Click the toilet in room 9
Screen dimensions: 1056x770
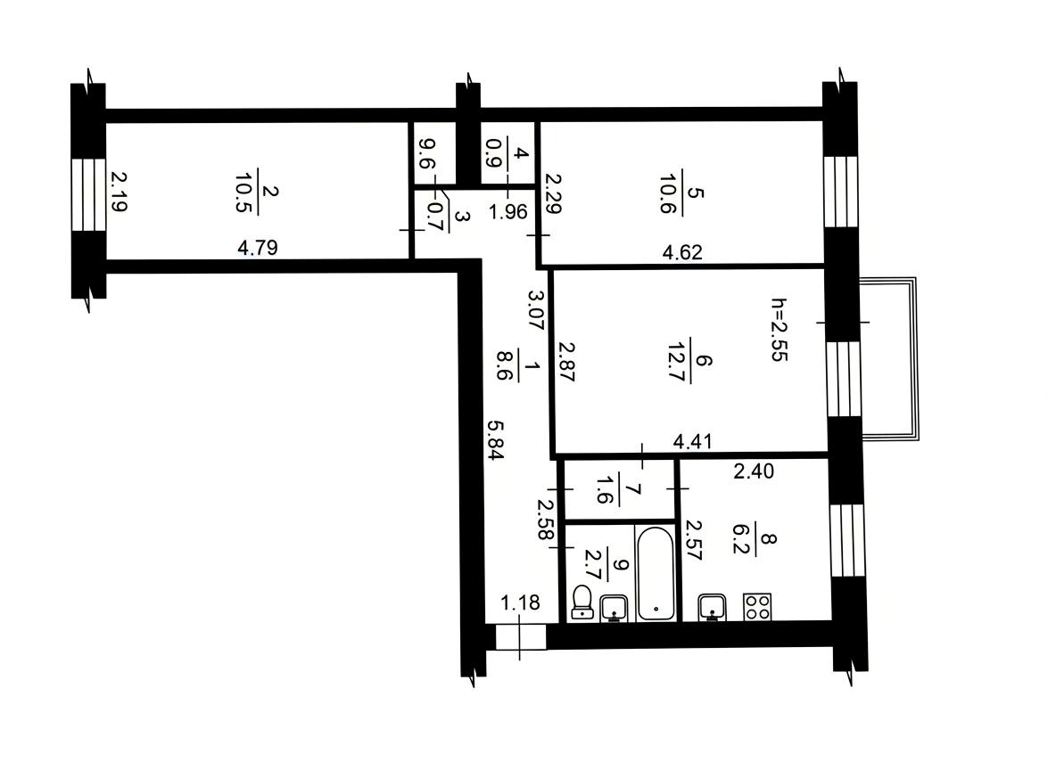[x=582, y=602]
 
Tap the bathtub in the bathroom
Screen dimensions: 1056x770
[x=656, y=573]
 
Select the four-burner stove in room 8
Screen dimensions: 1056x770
[x=757, y=606]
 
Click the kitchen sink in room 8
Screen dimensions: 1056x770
[x=712, y=607]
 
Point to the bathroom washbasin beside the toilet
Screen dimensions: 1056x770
[x=614, y=609]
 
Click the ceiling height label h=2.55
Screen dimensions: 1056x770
[x=779, y=330]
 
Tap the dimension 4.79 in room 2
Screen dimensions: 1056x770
[x=257, y=248]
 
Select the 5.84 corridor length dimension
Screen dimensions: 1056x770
[x=495, y=440]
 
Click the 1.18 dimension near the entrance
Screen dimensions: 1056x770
[x=520, y=602]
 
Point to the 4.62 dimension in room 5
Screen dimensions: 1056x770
[x=682, y=252]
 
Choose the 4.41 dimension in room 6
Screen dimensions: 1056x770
[x=692, y=441]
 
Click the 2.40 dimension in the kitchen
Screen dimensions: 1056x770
[x=754, y=471]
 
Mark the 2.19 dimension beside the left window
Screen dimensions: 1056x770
[x=119, y=192]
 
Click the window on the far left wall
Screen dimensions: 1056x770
[x=89, y=195]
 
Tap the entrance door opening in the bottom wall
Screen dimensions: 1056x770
[x=521, y=636]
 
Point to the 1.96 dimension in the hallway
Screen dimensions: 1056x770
[x=508, y=212]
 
